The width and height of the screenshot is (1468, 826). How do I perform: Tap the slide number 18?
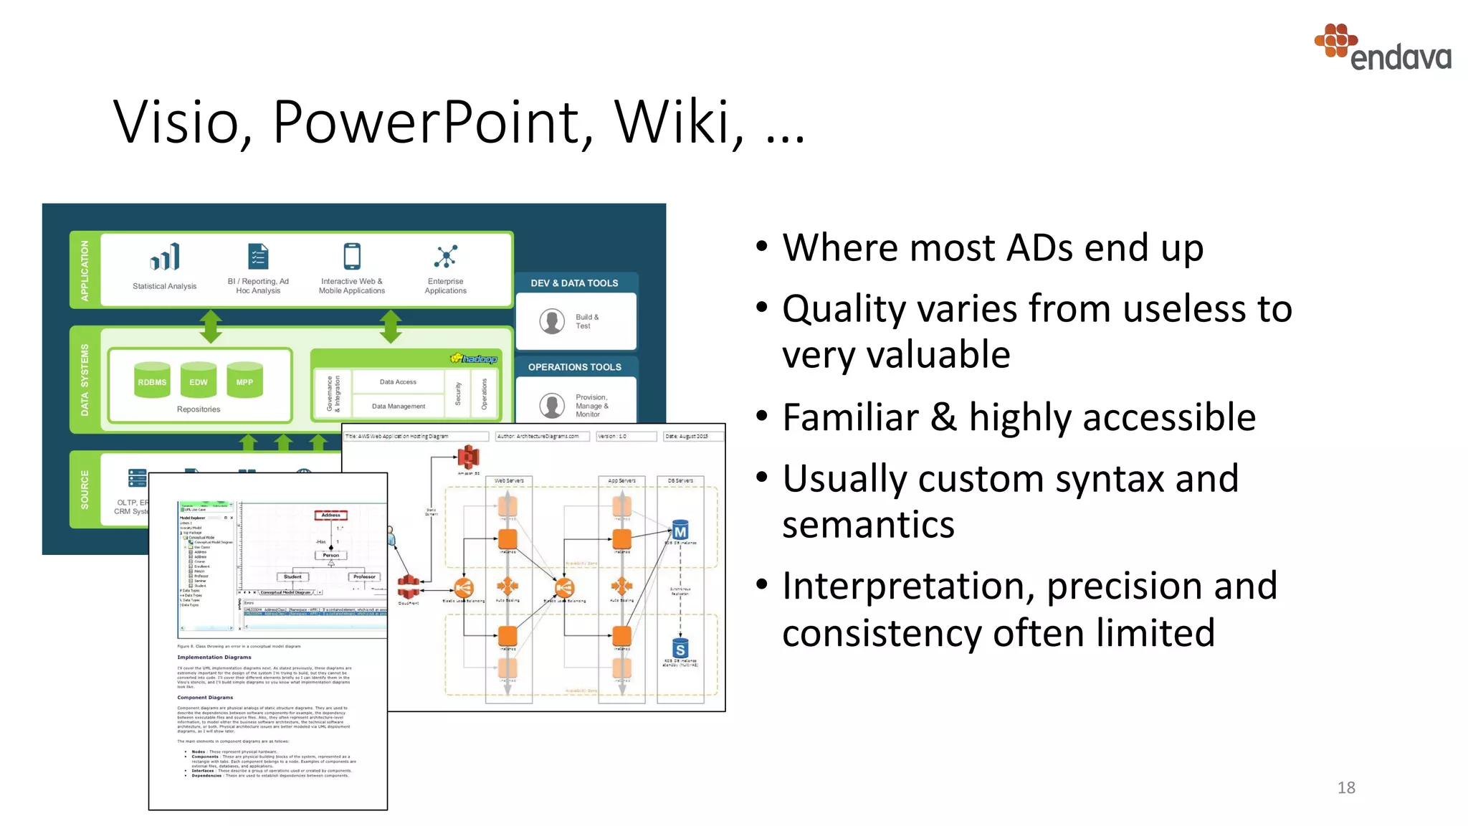click(x=1345, y=787)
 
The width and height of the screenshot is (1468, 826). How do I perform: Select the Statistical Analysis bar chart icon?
click(x=165, y=257)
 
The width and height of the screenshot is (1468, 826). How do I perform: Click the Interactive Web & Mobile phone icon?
click(x=352, y=256)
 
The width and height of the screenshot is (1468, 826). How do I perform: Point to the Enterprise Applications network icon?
click(x=445, y=256)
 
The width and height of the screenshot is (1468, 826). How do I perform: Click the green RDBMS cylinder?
click(x=152, y=381)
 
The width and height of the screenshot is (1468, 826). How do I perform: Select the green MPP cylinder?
click(x=244, y=381)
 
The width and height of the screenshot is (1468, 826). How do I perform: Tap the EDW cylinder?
click(x=199, y=381)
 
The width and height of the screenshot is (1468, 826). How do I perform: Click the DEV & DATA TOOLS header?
click(x=574, y=283)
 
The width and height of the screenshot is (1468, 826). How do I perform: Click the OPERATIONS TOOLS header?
click(x=574, y=367)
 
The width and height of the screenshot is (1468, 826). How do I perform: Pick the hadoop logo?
click(x=474, y=359)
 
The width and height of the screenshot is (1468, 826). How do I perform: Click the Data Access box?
click(x=398, y=382)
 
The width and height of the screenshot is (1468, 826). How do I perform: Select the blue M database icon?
click(x=680, y=531)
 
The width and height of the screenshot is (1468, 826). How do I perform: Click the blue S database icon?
click(x=680, y=649)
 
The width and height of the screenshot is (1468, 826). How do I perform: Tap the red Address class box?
click(x=330, y=515)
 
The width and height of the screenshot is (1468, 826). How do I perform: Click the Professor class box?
click(x=364, y=576)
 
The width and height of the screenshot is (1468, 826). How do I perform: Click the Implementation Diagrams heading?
click(x=214, y=657)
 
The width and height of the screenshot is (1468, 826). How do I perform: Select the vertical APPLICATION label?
click(x=85, y=270)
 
